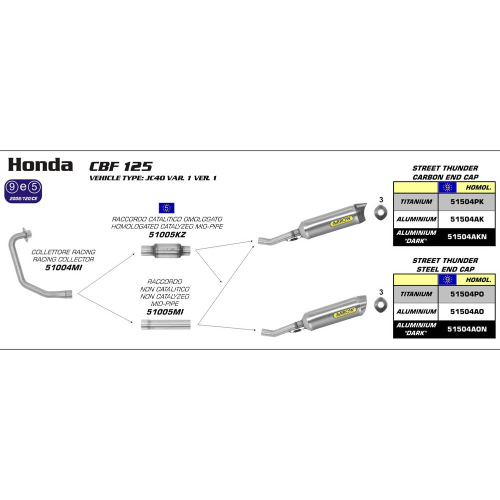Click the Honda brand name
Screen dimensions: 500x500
[x=40, y=164]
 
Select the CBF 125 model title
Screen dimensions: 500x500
[x=121, y=166]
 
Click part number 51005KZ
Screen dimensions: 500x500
[x=167, y=234]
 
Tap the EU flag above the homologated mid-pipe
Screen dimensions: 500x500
[x=166, y=207]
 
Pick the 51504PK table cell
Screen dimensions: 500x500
[x=466, y=201]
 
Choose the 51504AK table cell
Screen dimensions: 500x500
[x=466, y=219]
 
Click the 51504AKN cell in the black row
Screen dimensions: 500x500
[x=466, y=236]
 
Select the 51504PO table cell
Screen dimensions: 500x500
[x=466, y=294]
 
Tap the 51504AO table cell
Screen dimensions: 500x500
[x=466, y=311]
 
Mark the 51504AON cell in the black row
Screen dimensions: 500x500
[x=466, y=329]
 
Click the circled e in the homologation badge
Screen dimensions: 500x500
[x=23, y=188]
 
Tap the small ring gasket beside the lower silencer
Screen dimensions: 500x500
[x=381, y=302]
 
